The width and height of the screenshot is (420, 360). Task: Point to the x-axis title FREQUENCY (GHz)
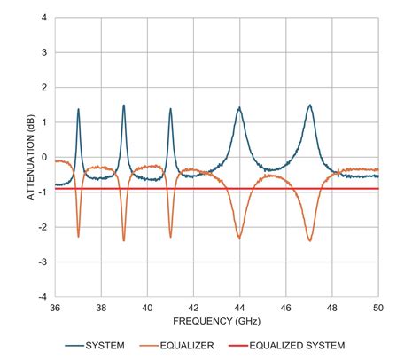[x=216, y=320]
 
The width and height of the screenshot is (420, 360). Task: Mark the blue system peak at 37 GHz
[x=78, y=110]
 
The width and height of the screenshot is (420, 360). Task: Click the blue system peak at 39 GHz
[x=124, y=106]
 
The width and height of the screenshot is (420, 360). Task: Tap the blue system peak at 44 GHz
[x=239, y=108]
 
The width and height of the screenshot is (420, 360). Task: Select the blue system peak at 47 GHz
[x=309, y=106]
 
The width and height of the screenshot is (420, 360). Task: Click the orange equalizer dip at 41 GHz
[x=170, y=237]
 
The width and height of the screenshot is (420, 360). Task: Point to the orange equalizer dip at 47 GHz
[x=309, y=240]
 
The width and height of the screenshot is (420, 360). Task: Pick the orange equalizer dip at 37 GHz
[x=78, y=237]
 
